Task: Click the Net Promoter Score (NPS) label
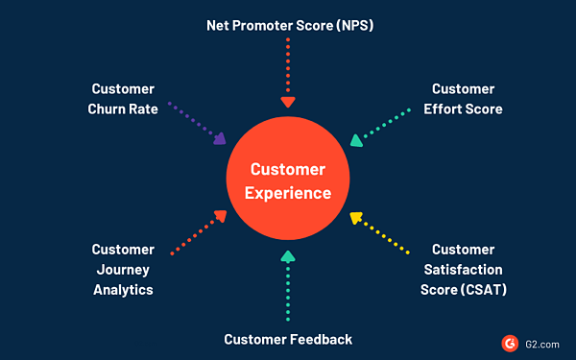coord(288,24)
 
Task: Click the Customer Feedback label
coord(288,339)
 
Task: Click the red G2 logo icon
coord(509,341)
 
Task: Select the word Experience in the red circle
coord(287,193)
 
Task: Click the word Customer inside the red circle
coord(287,169)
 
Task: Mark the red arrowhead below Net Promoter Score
coord(287,102)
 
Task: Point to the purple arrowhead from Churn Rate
coord(220,139)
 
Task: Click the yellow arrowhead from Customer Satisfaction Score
coord(355,218)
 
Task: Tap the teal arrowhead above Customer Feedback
coord(287,256)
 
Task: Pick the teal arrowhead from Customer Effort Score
coord(356,140)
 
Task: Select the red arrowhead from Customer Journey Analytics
coord(220,217)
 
